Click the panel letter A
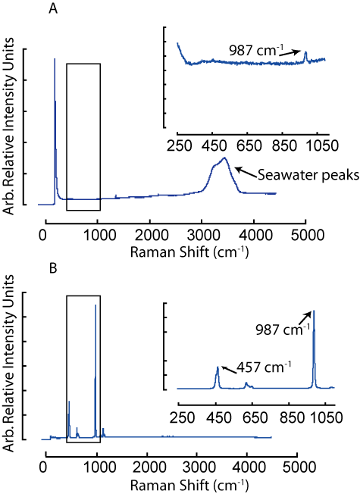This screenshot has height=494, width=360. click(53, 9)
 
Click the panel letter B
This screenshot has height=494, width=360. click(53, 269)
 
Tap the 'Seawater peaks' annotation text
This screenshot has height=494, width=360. click(308, 175)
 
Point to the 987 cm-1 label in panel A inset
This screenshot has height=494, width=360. click(257, 51)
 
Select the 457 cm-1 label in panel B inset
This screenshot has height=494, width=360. click(264, 367)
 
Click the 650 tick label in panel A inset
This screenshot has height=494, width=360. click(249, 145)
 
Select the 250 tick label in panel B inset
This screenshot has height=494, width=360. click(182, 417)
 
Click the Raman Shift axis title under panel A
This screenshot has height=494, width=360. click(189, 252)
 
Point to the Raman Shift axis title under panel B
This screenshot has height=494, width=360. click(189, 485)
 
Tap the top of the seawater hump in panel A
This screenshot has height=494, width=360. click(225, 158)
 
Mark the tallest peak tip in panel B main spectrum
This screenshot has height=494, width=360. click(95, 305)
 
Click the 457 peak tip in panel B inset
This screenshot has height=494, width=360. click(218, 367)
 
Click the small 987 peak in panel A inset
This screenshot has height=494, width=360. click(305, 52)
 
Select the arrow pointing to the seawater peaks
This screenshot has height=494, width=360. click(246, 171)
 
